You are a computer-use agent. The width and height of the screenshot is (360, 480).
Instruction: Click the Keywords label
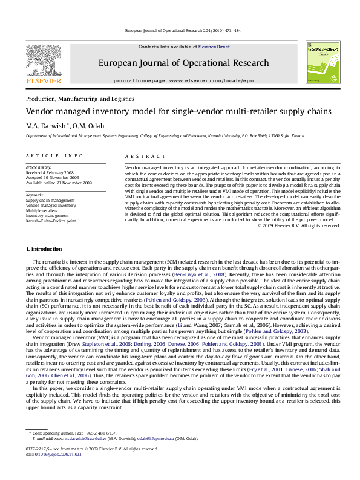pos(36,195)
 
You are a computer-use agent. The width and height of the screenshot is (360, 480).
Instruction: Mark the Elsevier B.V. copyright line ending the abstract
pos(299,225)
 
